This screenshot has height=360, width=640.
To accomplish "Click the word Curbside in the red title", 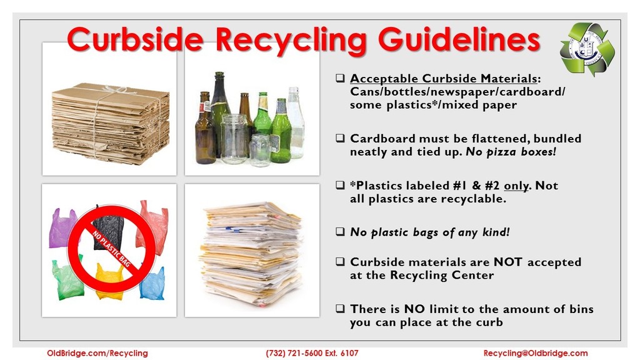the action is (x=135, y=39).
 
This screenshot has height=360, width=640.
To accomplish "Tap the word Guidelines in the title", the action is (x=459, y=39).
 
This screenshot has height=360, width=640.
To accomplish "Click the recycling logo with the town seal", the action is (x=587, y=49).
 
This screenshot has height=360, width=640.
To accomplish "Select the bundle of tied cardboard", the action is (x=110, y=123).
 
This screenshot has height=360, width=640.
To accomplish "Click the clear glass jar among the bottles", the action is (x=234, y=138).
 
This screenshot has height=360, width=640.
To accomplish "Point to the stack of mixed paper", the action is (x=251, y=253).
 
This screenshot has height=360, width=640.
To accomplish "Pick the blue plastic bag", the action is (x=152, y=284).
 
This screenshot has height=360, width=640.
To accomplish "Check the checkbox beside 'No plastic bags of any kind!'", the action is (x=340, y=232).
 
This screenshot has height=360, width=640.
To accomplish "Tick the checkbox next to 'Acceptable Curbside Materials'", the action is (x=340, y=78).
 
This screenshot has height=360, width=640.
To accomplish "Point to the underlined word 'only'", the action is (x=516, y=186).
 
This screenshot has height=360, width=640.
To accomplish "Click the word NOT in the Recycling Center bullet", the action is (x=507, y=262).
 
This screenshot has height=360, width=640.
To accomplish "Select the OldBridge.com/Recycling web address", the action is (x=97, y=353).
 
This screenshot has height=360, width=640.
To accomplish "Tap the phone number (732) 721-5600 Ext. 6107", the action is (x=312, y=353).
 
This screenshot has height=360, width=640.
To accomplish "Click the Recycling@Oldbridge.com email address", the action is (x=536, y=353).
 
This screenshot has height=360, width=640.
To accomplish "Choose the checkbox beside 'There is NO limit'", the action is (x=340, y=309).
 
